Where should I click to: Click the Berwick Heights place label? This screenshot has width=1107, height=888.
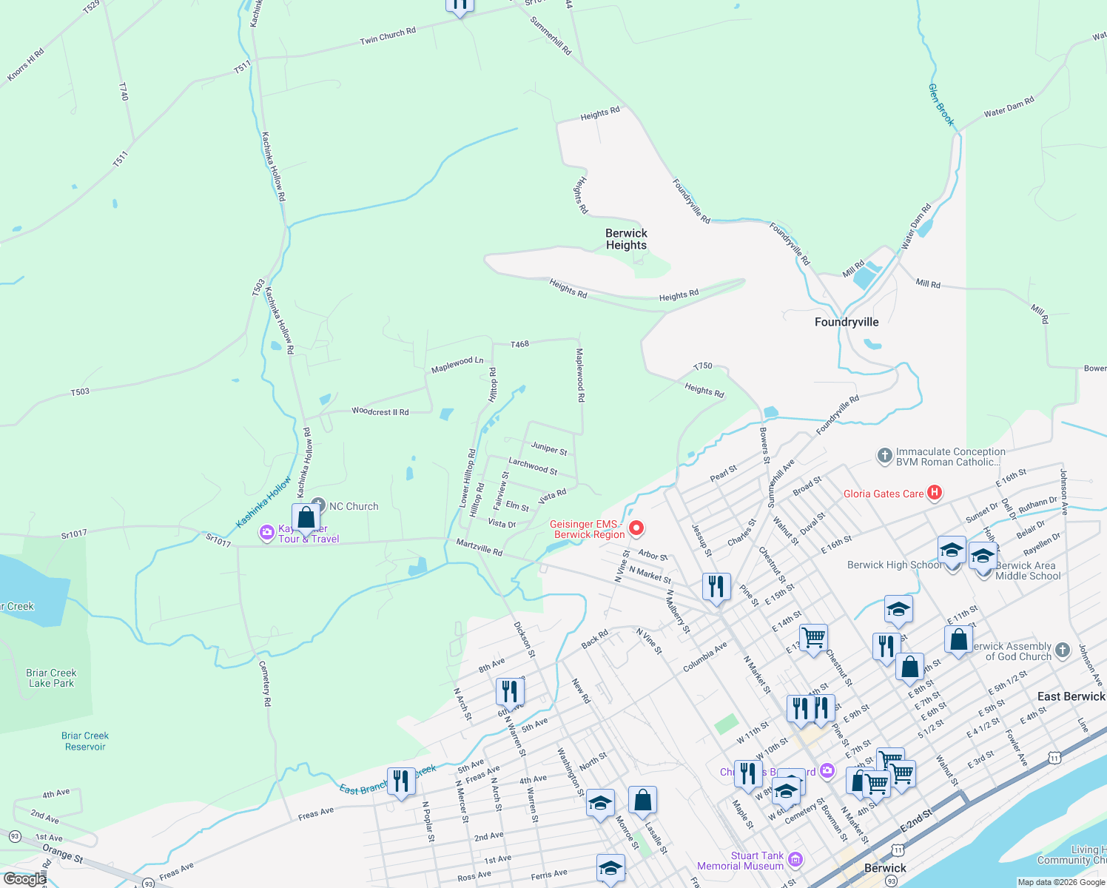click(626, 239)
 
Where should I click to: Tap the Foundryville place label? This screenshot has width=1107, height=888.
click(847, 322)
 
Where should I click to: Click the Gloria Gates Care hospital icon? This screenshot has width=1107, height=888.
click(935, 492)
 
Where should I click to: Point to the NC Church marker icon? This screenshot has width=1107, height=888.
click(318, 505)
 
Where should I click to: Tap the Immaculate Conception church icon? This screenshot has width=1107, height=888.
click(884, 456)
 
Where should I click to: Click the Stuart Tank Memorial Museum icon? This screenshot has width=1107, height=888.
click(795, 859)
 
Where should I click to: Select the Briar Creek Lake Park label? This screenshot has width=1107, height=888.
click(51, 678)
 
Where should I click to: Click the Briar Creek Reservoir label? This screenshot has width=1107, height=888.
click(85, 741)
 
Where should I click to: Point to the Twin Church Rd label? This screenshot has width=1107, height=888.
click(388, 36)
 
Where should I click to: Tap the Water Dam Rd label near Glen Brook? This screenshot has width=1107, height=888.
click(1009, 107)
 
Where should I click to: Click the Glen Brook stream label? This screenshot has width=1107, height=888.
click(941, 104)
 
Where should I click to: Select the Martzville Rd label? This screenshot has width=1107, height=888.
click(479, 548)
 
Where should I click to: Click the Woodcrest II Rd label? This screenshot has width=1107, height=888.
click(380, 411)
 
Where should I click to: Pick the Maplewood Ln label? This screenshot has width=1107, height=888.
click(457, 364)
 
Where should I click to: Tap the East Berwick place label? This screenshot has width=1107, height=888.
click(1071, 696)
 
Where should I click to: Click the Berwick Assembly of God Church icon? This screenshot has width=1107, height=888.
click(1063, 650)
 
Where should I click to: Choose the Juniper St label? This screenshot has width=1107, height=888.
click(549, 448)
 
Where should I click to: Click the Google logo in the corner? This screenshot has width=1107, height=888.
click(24, 879)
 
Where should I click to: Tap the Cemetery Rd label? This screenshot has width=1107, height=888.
click(266, 684)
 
